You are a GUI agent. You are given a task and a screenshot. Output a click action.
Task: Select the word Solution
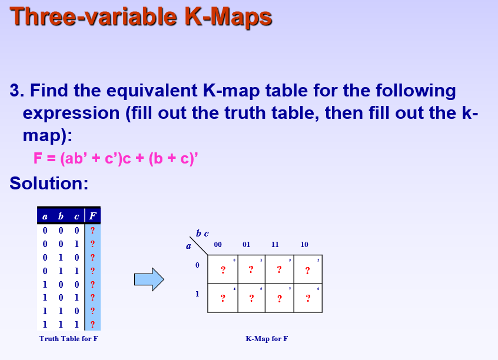click(x=49, y=184)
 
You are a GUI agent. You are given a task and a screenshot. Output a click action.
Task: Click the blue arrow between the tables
click(x=148, y=279)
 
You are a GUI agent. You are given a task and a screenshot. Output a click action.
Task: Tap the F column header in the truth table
click(x=92, y=216)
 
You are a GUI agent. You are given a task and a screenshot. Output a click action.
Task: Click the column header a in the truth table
click(x=45, y=216)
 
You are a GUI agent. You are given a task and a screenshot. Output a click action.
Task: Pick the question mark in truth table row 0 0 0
click(x=92, y=230)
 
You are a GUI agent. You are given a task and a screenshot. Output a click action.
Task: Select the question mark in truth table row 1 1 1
click(x=92, y=324)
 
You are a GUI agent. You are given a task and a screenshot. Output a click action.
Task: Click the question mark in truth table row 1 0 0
click(x=92, y=284)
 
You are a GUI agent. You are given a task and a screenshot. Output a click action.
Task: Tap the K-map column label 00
click(x=218, y=245)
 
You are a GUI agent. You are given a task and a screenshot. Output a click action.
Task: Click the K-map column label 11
click(x=275, y=245)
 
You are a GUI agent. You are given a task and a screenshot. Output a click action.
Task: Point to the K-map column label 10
click(x=304, y=245)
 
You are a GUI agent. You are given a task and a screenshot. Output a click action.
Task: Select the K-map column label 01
click(x=247, y=245)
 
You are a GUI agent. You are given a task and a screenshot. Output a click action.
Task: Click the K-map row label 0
click(x=198, y=266)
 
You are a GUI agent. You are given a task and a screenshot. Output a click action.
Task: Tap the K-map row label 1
click(x=198, y=294)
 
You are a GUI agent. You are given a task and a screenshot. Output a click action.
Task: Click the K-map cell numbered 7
click(x=280, y=298)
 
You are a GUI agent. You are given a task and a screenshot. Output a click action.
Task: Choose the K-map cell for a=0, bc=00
click(x=223, y=269)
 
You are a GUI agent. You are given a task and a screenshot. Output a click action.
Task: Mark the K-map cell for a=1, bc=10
click(x=308, y=298)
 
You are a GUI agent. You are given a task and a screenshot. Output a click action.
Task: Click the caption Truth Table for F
click(x=69, y=339)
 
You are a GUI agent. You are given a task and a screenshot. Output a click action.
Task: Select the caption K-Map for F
click(x=267, y=339)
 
